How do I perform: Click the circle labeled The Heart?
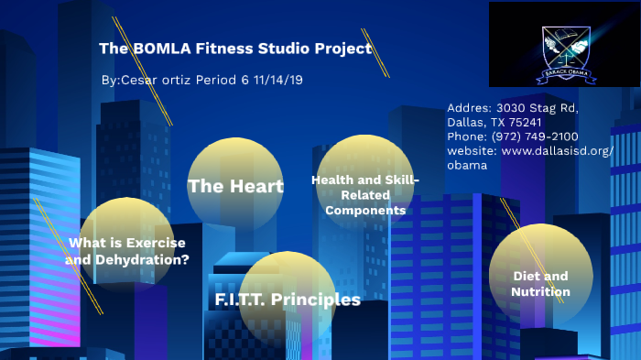click(x=235, y=186)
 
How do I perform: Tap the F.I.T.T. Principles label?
click(x=287, y=300)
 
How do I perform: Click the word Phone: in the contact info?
click(x=469, y=136)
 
